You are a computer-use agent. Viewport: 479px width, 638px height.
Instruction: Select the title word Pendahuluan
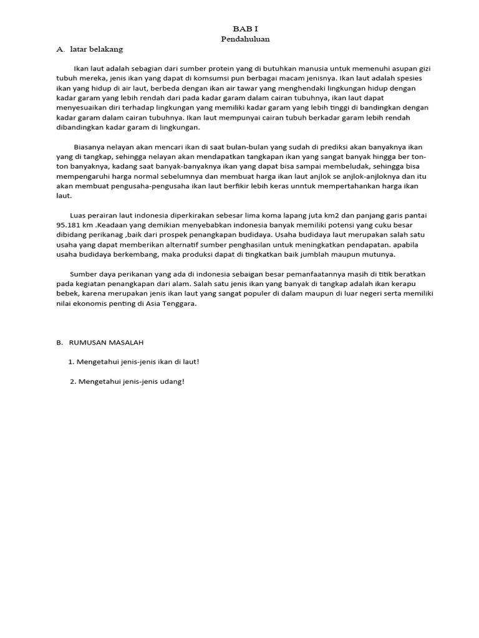(240, 39)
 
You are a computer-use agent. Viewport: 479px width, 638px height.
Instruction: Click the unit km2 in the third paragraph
(331, 215)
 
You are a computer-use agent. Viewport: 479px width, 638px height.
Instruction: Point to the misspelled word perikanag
(110, 234)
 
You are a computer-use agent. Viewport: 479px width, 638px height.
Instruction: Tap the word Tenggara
(179, 303)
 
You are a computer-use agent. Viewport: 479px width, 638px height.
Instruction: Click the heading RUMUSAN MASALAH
(110, 342)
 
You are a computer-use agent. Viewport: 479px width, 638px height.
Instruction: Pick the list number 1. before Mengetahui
(72, 361)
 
